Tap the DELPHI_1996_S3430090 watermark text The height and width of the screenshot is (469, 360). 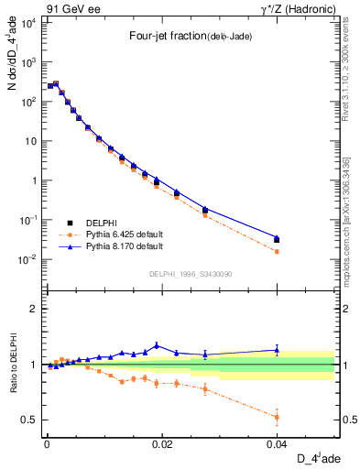190,274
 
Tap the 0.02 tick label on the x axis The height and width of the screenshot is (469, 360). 163,442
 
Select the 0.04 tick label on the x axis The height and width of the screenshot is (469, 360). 278,442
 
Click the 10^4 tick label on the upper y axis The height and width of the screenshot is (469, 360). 27,23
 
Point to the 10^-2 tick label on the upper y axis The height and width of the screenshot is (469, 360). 27,260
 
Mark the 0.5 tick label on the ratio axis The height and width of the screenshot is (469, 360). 29,420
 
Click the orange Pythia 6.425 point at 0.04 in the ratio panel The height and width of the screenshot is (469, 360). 278,417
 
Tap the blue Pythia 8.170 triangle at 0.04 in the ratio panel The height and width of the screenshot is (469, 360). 278,349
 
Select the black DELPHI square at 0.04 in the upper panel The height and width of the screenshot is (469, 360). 278,240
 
